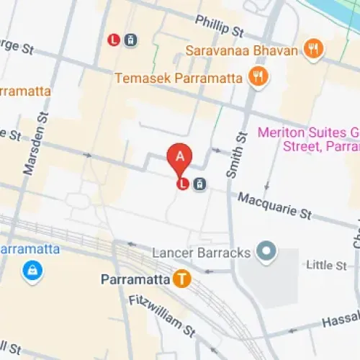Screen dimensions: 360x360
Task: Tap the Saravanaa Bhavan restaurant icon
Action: click(x=314, y=50)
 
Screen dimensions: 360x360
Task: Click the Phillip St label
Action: click(x=220, y=27)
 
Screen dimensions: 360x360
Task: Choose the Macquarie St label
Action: click(x=274, y=205)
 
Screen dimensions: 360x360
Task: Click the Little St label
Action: click(x=326, y=266)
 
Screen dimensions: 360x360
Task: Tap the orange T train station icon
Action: click(x=183, y=279)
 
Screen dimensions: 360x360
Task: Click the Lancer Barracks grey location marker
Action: click(x=267, y=253)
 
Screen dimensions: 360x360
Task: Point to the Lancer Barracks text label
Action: click(x=201, y=253)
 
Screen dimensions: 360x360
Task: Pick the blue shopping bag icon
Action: click(x=32, y=271)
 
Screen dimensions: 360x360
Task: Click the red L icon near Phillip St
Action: click(x=114, y=40)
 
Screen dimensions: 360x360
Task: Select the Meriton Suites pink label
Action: click(x=308, y=140)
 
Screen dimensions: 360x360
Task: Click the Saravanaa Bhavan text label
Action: click(x=241, y=50)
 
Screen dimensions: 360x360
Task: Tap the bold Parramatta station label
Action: click(x=135, y=279)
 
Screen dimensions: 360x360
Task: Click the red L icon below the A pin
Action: click(x=183, y=184)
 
